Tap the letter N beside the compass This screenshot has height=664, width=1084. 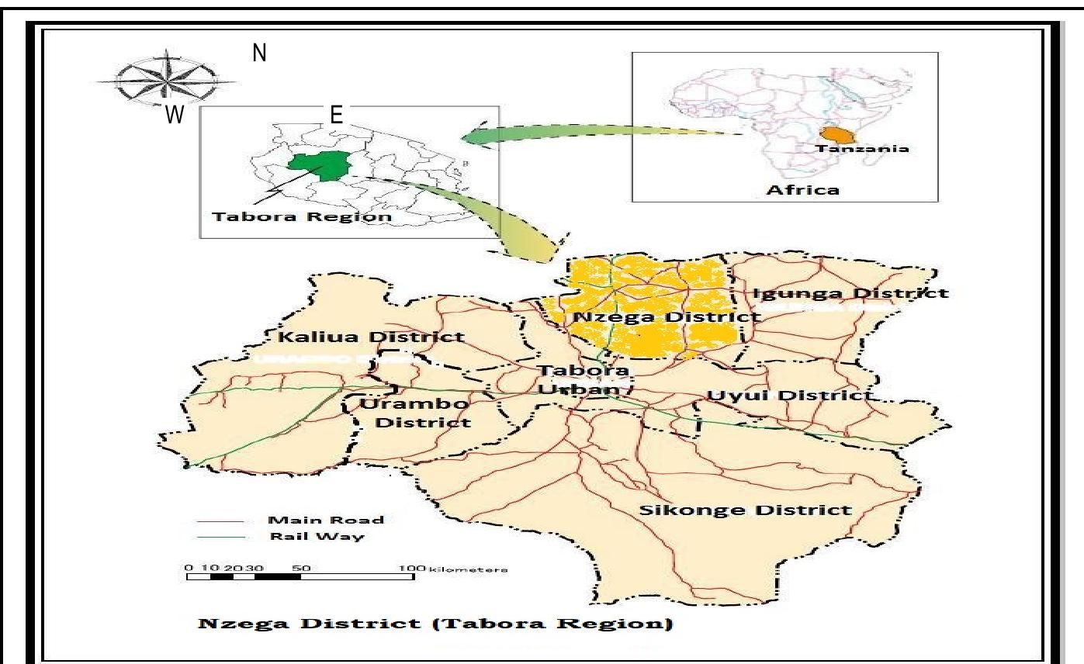pyautogui.click(x=260, y=54)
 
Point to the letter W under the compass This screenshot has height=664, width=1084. pyautogui.click(x=175, y=116)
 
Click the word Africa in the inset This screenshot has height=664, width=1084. pyautogui.click(x=802, y=189)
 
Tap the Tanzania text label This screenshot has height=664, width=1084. pyautogui.click(x=863, y=148)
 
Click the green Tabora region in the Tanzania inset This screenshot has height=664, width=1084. pyautogui.click(x=317, y=165)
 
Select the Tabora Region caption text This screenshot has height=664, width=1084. pyautogui.click(x=301, y=216)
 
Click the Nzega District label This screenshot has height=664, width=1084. pyautogui.click(x=666, y=317)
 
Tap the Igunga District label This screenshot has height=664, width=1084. pyautogui.click(x=850, y=293)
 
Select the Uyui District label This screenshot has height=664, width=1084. pyautogui.click(x=789, y=396)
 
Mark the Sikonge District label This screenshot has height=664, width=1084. pyautogui.click(x=744, y=510)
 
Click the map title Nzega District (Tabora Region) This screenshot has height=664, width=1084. pyautogui.click(x=435, y=624)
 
